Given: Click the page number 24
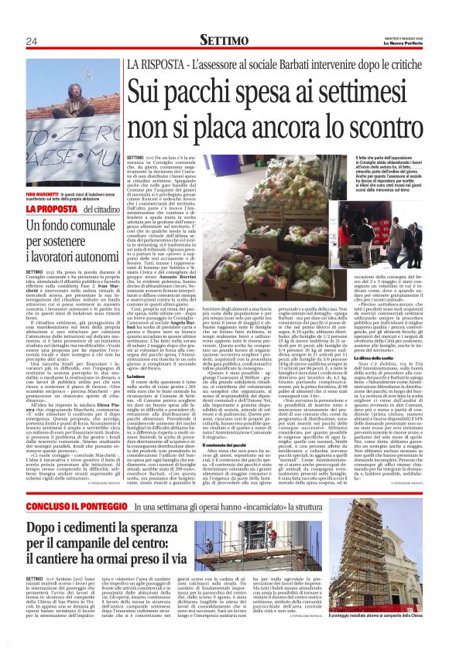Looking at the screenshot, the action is point(33,41).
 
